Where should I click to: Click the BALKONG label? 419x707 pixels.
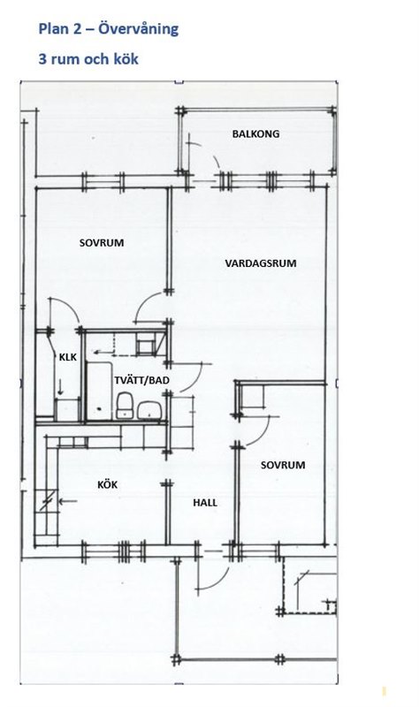(255, 134)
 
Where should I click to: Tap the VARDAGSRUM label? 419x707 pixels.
(261, 263)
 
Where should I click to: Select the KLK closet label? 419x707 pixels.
(68, 358)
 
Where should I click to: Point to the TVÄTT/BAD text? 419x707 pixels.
(141, 381)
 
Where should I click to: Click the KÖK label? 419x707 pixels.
(107, 484)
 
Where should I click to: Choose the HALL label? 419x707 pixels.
(205, 503)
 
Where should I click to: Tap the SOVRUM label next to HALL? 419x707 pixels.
(283, 465)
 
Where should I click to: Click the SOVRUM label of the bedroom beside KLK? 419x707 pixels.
(102, 243)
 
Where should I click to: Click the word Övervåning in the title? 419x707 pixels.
(138, 29)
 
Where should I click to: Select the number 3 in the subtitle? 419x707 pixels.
(42, 59)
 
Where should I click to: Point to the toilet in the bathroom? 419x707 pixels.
(125, 406)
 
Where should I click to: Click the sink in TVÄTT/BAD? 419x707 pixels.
(149, 410)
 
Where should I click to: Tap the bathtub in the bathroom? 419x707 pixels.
(99, 391)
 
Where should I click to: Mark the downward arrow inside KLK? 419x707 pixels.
(60, 387)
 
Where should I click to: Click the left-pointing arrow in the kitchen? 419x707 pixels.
(68, 501)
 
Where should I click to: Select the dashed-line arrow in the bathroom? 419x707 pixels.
(104, 352)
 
